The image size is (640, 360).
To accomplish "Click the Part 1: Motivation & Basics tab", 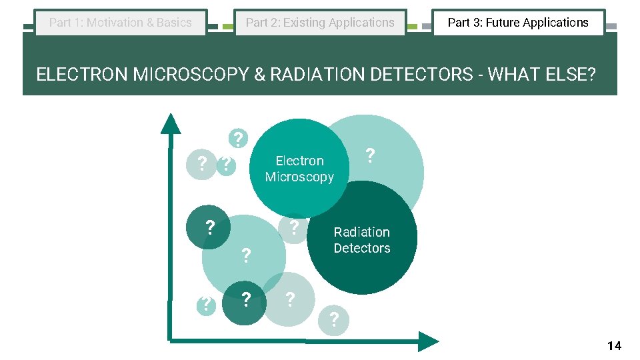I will (x=121, y=23).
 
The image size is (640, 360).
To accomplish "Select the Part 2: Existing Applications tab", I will (x=320, y=23).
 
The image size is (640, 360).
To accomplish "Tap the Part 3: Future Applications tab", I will (x=518, y=23).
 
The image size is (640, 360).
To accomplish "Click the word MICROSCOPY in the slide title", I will (x=191, y=74).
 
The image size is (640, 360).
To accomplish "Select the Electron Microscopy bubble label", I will (x=299, y=169).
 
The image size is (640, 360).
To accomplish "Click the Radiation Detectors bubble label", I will (x=362, y=240).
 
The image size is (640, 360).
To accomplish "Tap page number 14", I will (x=614, y=345).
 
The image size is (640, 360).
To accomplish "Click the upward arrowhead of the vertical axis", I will (x=171, y=124).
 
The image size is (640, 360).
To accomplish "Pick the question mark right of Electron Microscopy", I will (x=371, y=156).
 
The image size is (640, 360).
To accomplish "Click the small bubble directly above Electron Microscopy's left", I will (x=237, y=139).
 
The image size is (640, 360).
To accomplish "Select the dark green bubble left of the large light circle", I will (x=209, y=227).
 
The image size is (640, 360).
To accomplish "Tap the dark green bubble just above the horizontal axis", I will (x=245, y=302).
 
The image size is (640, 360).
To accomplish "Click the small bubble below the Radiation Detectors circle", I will (x=333, y=320).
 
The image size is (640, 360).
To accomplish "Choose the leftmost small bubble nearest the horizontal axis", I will (x=207, y=305).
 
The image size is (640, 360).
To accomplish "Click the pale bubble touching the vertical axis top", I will (x=201, y=163).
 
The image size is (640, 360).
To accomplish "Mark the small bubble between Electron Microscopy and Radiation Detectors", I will (x=293, y=227).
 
